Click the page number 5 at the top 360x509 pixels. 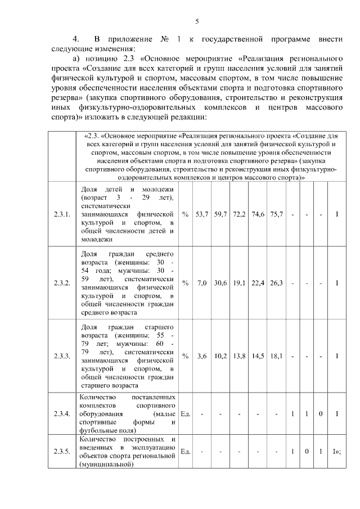coord(197,21)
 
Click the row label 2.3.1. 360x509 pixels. coord(62,214)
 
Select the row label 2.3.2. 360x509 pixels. coord(62,283)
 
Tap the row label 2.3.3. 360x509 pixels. coord(62,356)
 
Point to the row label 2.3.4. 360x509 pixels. coord(62,414)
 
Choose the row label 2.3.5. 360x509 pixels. coord(62,451)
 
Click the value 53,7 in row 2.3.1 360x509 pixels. coord(202,214)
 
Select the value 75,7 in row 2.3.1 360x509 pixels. coord(276,214)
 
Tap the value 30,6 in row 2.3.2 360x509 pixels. coord(220,283)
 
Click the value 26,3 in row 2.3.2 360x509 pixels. coord(276,283)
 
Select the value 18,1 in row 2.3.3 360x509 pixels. coord(276,356)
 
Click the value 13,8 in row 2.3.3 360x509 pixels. coord(239,356)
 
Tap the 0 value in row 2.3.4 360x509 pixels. coord(320,414)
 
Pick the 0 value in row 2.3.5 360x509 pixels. coord(307,451)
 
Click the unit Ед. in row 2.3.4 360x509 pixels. coord(186,414)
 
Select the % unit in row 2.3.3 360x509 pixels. coord(186,356)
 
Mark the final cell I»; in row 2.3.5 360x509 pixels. coord(337,451)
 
